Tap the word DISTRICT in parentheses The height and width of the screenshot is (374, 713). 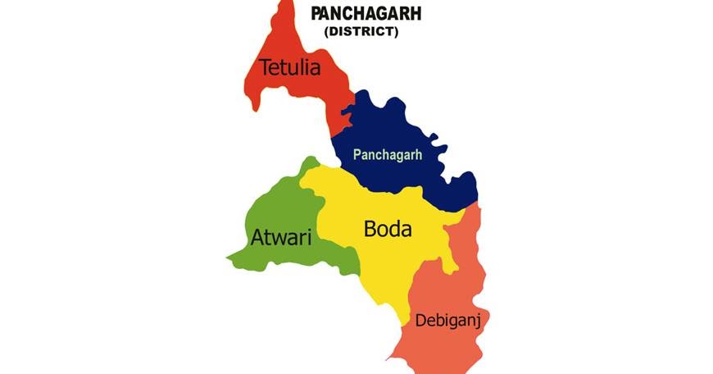tap(361, 31)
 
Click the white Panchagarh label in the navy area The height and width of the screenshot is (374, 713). tap(387, 154)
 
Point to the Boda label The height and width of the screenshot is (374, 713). tap(388, 230)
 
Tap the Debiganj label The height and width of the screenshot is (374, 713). tap(447, 320)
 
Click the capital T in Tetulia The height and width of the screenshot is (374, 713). tap(266, 67)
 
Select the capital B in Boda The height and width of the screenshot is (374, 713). tap(370, 230)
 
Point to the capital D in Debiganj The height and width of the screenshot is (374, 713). tap(420, 319)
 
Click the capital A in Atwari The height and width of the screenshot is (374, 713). tap(257, 239)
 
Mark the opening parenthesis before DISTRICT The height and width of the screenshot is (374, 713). tap(327, 31)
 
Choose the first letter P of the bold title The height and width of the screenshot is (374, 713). tap(316, 14)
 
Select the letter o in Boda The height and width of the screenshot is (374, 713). tap(384, 232)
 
